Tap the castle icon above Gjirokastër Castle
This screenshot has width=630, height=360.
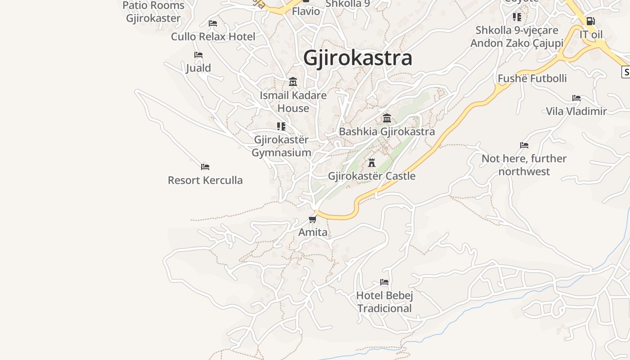(372, 162)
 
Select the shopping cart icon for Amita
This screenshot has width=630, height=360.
(312, 219)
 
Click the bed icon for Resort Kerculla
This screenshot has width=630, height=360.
(205, 167)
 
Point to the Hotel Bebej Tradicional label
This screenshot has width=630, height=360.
(384, 302)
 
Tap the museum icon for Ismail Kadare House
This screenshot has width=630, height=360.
(293, 82)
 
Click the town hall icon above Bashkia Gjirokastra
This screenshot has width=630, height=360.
(387, 118)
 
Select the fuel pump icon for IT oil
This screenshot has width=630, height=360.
(590, 21)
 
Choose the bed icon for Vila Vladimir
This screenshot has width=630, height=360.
(576, 98)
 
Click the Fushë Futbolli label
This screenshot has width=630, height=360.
(532, 78)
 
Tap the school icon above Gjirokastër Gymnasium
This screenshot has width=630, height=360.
(281, 126)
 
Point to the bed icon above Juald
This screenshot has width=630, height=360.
(198, 55)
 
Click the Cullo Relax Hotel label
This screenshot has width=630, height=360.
(213, 36)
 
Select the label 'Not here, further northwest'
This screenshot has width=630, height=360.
(524, 165)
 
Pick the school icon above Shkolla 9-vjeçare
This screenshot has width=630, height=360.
(517, 17)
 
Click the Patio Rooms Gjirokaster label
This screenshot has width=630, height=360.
(153, 12)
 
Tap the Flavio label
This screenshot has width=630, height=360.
(306, 11)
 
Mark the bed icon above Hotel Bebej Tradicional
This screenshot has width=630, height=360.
(384, 282)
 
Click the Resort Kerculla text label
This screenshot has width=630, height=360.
(205, 180)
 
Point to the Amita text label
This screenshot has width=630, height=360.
(313, 232)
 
